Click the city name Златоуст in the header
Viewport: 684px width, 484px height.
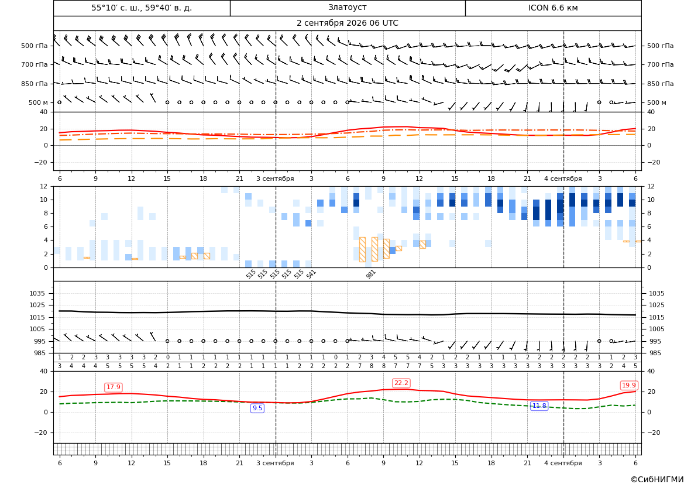coord(347,8)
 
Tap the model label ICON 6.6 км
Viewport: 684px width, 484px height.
coord(553,8)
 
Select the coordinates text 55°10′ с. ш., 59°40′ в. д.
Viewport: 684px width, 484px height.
coord(142,8)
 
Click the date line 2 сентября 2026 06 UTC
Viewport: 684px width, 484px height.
coord(347,23)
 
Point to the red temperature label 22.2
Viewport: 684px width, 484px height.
coord(401,383)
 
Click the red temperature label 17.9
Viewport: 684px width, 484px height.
coord(114,387)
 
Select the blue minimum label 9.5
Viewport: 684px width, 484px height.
coord(257,408)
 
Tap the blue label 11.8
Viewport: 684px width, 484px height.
coord(539,406)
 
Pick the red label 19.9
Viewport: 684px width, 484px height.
coord(628,385)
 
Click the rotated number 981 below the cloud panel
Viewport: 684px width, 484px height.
coord(371,274)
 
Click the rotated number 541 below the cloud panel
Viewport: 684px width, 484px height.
coord(311,274)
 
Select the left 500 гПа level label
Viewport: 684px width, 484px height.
coord(35,46)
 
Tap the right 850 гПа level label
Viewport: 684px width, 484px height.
coord(660,84)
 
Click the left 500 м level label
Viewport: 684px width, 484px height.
coord(39,102)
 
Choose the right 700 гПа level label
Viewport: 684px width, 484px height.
coord(660,64)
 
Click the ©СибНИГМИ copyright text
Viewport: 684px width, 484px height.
coord(657,480)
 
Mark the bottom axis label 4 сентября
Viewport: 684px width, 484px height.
coord(563,463)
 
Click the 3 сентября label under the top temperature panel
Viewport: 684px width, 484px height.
coord(275,179)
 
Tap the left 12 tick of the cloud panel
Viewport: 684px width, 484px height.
coord(44,186)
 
